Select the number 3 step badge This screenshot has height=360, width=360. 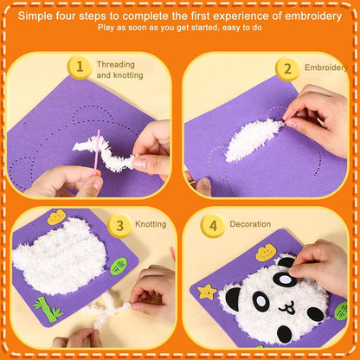(120, 224)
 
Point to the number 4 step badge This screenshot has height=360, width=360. (211, 224)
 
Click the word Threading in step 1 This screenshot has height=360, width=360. (115, 64)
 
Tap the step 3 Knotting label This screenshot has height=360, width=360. (151, 224)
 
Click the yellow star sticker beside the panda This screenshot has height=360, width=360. (207, 290)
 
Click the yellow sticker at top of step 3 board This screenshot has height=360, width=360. (57, 217)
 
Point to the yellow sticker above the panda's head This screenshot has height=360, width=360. (266, 253)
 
